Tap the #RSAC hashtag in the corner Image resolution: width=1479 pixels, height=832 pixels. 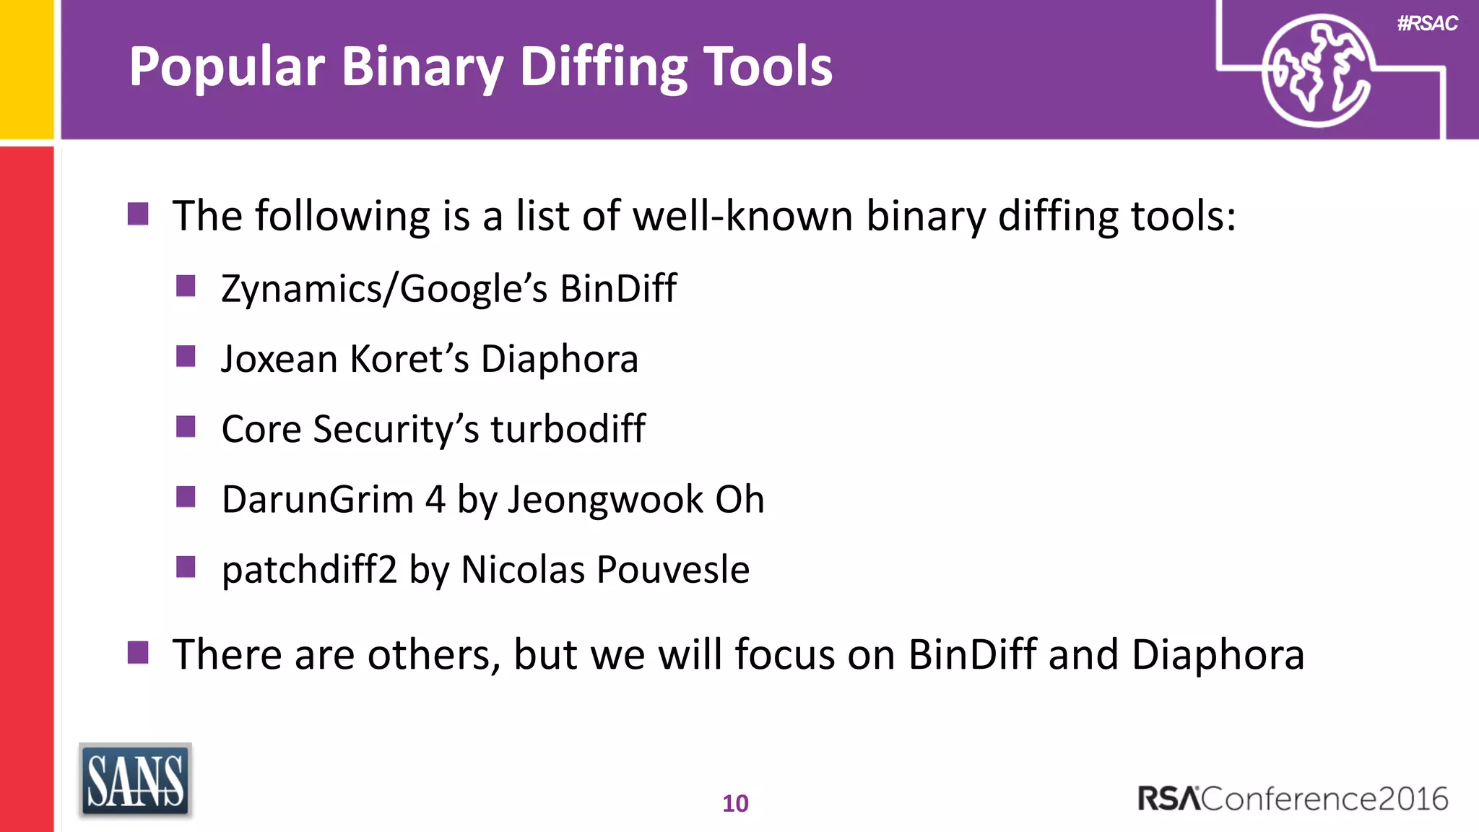pyautogui.click(x=1427, y=24)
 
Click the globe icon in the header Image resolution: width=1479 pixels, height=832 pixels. pyautogui.click(x=1317, y=71)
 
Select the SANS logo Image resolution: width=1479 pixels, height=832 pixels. pyautogui.click(x=135, y=781)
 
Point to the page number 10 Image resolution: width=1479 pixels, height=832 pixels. pyautogui.click(x=735, y=803)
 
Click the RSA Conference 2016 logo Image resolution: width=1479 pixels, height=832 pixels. pyautogui.click(x=1293, y=799)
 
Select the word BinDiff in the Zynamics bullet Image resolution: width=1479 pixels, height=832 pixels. pyautogui.click(x=618, y=289)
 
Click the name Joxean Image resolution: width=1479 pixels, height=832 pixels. pyautogui.click(x=279, y=359)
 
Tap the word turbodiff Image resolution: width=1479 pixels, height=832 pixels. pyautogui.click(x=568, y=429)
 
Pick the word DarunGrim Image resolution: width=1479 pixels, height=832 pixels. pyautogui.click(x=318, y=500)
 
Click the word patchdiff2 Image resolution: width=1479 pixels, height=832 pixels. pyautogui.click(x=310, y=570)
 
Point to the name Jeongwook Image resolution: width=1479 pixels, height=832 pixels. pyautogui.click(x=605, y=500)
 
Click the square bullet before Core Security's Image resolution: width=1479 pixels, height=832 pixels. pyautogui.click(x=186, y=427)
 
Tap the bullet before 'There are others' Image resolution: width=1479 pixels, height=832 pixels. pyautogui.click(x=138, y=652)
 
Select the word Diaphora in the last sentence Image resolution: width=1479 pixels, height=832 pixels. pyautogui.click(x=1218, y=655)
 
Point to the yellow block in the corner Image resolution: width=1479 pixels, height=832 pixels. pyautogui.click(x=26, y=69)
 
